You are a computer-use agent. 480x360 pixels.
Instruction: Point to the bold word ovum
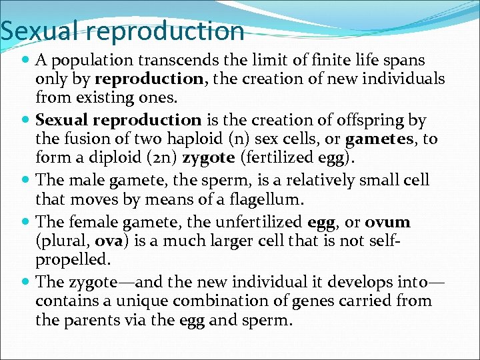(388, 221)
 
